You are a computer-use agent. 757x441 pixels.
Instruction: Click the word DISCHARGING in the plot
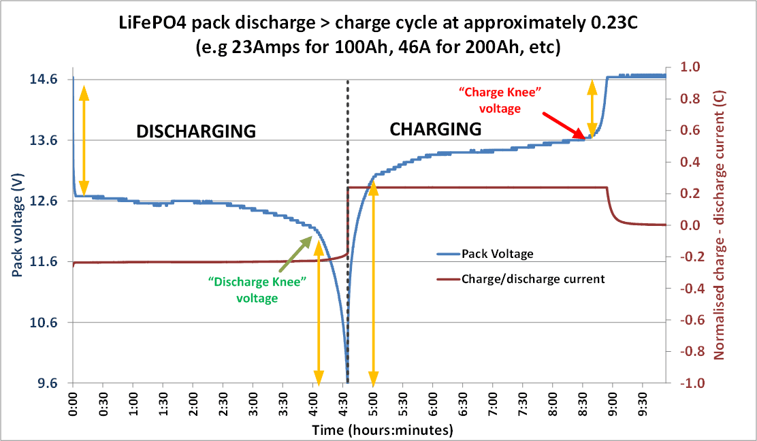coord(196,131)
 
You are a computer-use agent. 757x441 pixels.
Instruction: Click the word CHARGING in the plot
coord(435,129)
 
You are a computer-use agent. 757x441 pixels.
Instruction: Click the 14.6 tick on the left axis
coord(43,80)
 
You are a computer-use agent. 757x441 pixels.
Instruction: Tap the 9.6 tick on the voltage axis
coord(46,383)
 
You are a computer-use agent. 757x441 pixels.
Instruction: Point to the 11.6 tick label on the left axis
coord(43,262)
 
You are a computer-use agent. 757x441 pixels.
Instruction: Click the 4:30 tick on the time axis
coord(344,404)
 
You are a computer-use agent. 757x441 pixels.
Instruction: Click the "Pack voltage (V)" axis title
coord(17,225)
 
